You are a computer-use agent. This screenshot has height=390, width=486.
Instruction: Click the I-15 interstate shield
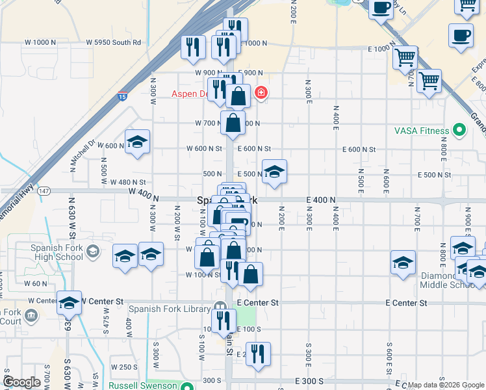point(122,97)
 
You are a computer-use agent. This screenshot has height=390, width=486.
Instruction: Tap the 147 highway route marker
point(44,191)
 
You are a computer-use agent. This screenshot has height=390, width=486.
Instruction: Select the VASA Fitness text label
point(422,131)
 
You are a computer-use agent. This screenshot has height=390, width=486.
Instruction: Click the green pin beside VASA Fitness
point(460,131)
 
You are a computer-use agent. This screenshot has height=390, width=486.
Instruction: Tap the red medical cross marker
point(261,93)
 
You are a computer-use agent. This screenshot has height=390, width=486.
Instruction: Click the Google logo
point(21,382)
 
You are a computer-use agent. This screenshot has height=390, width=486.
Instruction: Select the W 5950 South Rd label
point(114,42)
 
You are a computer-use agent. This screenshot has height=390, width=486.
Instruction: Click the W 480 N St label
point(128,183)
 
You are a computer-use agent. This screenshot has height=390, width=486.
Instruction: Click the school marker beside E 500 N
point(274,172)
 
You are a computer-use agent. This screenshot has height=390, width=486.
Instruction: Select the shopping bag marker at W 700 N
point(233,122)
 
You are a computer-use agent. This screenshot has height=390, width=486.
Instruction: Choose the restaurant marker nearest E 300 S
point(258,354)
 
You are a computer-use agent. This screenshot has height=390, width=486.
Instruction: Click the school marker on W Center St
point(69,302)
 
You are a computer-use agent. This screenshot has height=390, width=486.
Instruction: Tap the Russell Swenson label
point(142,385)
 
